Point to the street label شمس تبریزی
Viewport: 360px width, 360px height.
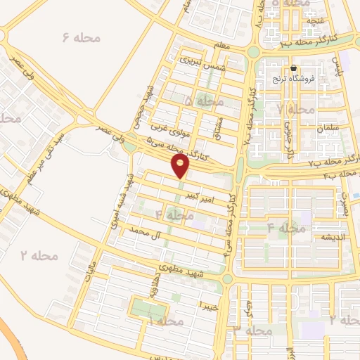pyautogui.click(x=195, y=63)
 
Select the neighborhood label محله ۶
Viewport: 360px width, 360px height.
pyautogui.click(x=80, y=37)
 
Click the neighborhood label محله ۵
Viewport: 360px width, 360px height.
pyautogui.click(x=203, y=103)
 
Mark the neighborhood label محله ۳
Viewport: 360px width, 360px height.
pyautogui.click(x=253, y=330)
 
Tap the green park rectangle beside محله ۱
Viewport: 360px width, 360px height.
pyautogui.click(x=149, y=309)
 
